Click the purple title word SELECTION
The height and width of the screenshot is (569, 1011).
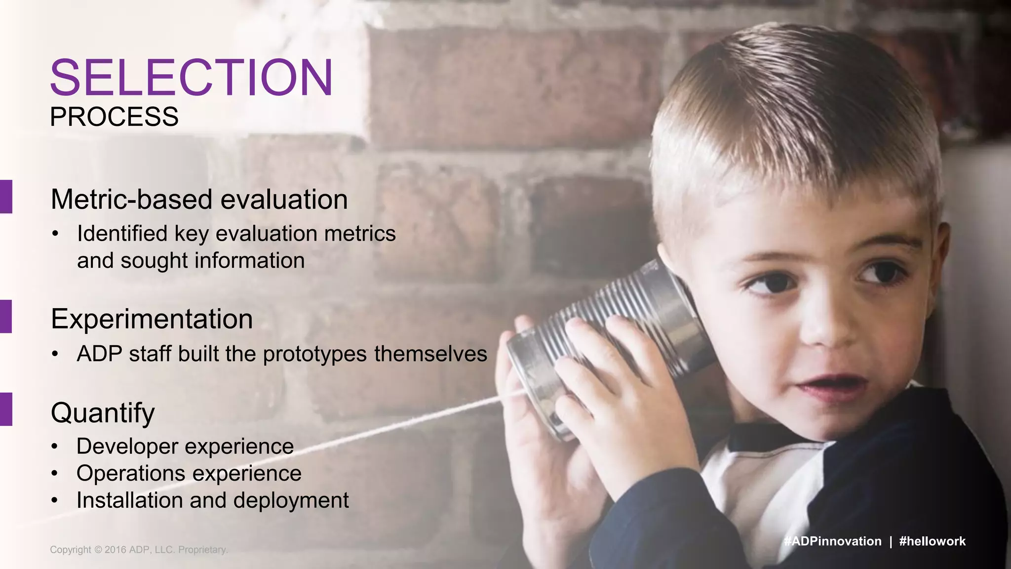(192, 78)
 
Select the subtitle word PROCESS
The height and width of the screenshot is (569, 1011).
(114, 117)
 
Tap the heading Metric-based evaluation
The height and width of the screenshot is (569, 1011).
(199, 200)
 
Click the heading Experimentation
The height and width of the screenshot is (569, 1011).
(152, 319)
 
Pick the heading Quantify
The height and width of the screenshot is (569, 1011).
(103, 413)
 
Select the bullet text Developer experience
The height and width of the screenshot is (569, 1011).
(185, 447)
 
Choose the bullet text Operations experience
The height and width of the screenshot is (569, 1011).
(189, 474)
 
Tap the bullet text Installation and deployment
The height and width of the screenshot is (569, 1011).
(212, 500)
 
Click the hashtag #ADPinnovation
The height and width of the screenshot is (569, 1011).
(832, 541)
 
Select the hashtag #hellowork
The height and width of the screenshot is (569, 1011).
(932, 541)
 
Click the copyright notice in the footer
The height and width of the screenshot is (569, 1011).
(139, 550)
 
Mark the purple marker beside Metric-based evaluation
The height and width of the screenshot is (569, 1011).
(6, 197)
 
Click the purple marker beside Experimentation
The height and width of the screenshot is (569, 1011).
(6, 316)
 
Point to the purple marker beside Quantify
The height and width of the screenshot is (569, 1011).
(6, 409)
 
